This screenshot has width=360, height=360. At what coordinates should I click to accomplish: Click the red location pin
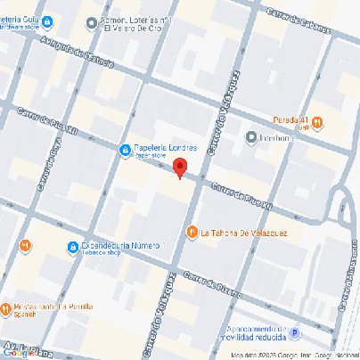pyautogui.click(x=179, y=168)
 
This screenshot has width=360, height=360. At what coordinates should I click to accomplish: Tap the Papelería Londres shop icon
pyautogui.click(x=126, y=150)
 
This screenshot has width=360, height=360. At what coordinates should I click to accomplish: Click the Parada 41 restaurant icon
pyautogui.click(x=317, y=122)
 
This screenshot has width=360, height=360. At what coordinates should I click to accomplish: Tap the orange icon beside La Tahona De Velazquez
pyautogui.click(x=192, y=233)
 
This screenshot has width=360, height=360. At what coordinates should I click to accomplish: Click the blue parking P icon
pyautogui.click(x=297, y=335)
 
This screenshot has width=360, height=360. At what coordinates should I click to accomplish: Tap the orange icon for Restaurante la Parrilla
pyautogui.click(x=5, y=310)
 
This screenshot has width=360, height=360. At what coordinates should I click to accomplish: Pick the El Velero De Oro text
pyautogui.click(x=133, y=27)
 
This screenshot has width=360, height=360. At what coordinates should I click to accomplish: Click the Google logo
pyautogui.click(x=18, y=354)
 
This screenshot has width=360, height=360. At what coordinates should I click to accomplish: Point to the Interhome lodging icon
pyautogui.click(x=252, y=137)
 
